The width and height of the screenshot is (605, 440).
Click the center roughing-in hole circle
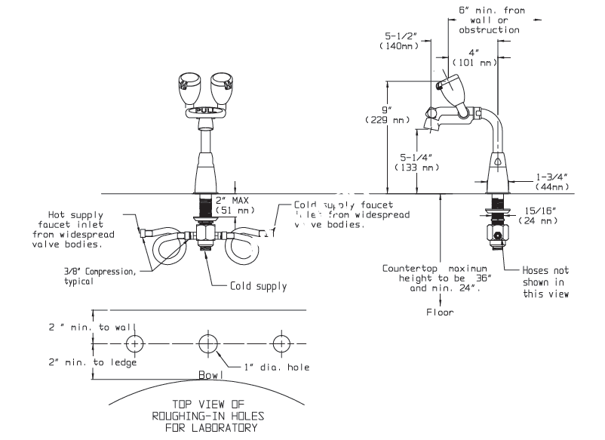pyautogui.click(x=206, y=343)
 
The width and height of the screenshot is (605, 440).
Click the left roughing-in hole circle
pyautogui.click(x=135, y=343)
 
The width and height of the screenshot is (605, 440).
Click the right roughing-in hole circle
pyautogui.click(x=282, y=343)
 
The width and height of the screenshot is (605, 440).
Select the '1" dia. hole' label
pyautogui.click(x=276, y=368)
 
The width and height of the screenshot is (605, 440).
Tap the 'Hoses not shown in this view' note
pyautogui.click(x=546, y=282)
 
